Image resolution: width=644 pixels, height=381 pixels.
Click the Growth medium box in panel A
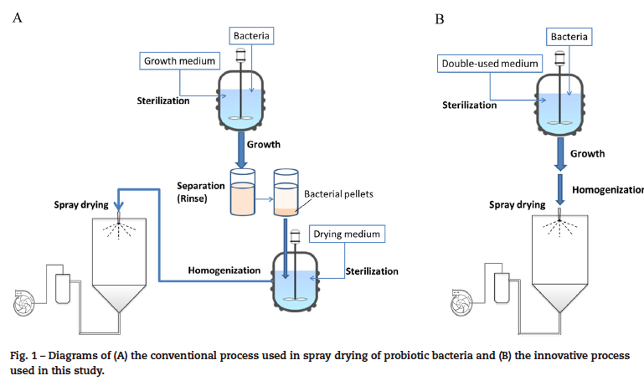point(178,61)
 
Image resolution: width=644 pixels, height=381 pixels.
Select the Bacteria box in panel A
point(251,35)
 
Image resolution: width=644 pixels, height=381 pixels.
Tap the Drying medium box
point(348,234)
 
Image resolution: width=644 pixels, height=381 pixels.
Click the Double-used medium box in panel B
point(491,63)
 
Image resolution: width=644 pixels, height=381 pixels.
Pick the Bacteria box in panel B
point(569,37)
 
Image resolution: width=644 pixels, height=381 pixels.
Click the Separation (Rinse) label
point(203,192)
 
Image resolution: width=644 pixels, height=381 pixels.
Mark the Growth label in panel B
point(587,153)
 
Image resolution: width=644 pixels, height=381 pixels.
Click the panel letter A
point(18,18)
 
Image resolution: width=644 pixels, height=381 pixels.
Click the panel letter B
point(440,18)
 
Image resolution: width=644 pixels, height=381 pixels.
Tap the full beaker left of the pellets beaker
point(242,201)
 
